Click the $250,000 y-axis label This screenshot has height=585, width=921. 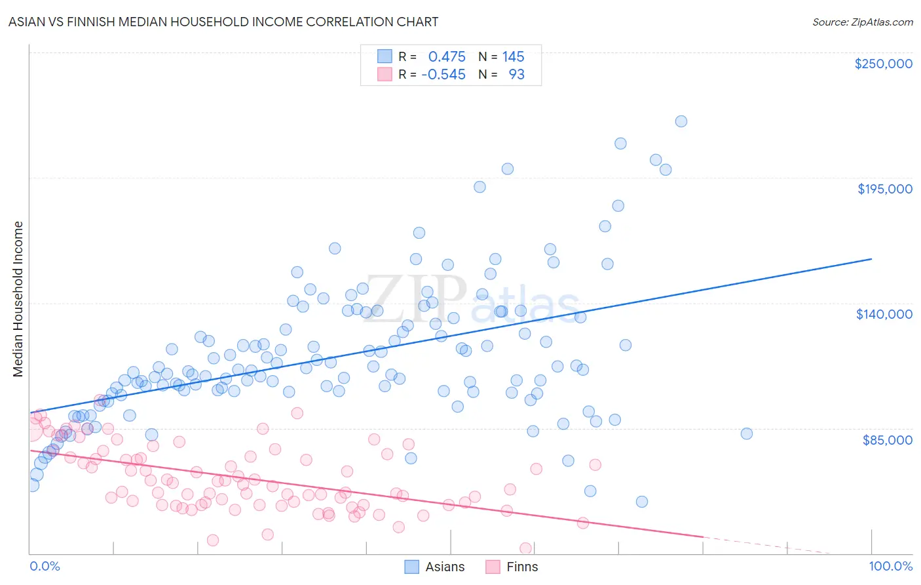(x=883, y=64)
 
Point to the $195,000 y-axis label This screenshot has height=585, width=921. (x=884, y=189)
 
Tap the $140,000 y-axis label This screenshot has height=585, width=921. (x=884, y=314)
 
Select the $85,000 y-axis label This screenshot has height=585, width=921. (x=887, y=439)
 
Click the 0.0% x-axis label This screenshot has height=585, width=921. (x=45, y=566)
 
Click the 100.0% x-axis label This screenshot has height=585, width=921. (x=890, y=566)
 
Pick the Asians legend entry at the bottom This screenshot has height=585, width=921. (x=435, y=567)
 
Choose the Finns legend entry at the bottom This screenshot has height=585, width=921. (x=512, y=567)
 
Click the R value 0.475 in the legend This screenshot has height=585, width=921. (x=447, y=57)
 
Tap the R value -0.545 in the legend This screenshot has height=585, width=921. (x=443, y=75)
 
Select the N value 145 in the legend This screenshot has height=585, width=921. (x=513, y=57)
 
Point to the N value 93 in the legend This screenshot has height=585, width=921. (x=516, y=75)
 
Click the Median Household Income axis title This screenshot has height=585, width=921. (x=18, y=298)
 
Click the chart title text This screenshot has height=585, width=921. (x=223, y=22)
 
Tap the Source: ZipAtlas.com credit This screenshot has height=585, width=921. (x=862, y=22)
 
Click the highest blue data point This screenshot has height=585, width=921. (x=681, y=121)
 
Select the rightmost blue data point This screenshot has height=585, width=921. (x=746, y=434)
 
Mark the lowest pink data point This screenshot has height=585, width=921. (x=525, y=548)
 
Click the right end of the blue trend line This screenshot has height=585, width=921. (x=871, y=259)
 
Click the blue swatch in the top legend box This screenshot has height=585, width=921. (x=385, y=57)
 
